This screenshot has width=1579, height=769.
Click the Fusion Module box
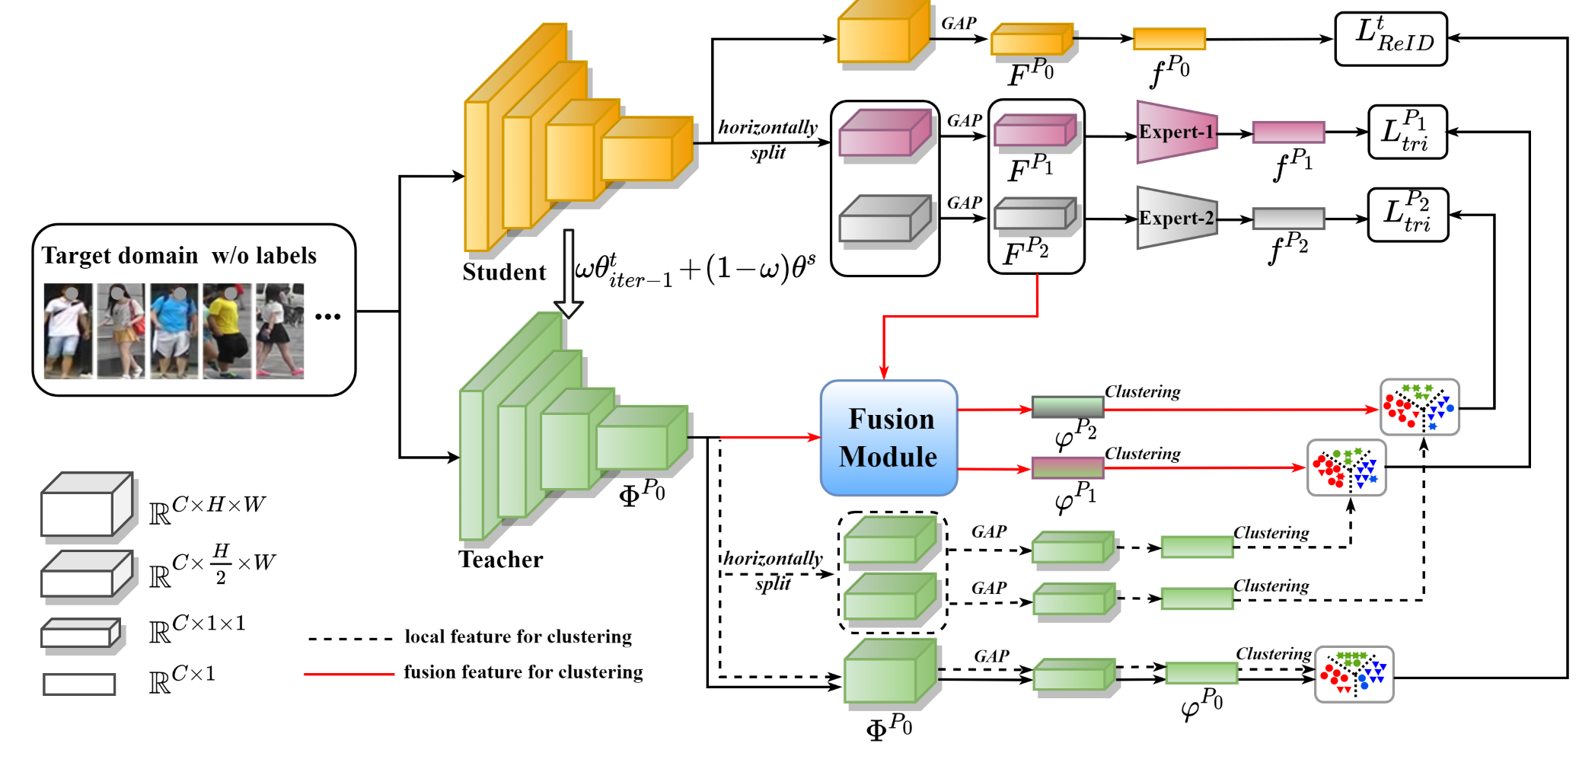(x=888, y=438)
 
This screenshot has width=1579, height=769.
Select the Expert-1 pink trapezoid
(x=1175, y=132)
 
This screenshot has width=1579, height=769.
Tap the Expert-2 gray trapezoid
(x=1175, y=218)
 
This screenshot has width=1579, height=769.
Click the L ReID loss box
(x=1391, y=39)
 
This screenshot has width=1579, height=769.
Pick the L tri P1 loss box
(x=1407, y=132)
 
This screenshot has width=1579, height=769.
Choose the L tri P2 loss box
(x=1408, y=215)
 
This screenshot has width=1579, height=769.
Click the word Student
(x=504, y=272)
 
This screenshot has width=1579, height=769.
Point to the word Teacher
(x=500, y=560)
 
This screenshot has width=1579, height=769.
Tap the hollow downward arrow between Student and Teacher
(x=568, y=274)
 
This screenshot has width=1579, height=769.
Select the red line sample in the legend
(x=349, y=674)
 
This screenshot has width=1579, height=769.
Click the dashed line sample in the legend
(x=350, y=639)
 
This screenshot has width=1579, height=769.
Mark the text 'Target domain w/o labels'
(x=179, y=255)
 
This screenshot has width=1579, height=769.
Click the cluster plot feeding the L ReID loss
(x=1354, y=674)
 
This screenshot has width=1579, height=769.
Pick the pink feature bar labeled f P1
(x=1288, y=132)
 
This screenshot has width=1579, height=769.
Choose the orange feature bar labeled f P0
(x=1169, y=39)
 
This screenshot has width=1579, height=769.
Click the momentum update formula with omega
(x=694, y=270)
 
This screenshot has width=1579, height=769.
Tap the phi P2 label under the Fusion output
(x=1075, y=434)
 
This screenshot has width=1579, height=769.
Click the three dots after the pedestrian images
(x=327, y=316)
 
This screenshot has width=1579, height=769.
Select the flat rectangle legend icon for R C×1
(x=79, y=684)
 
